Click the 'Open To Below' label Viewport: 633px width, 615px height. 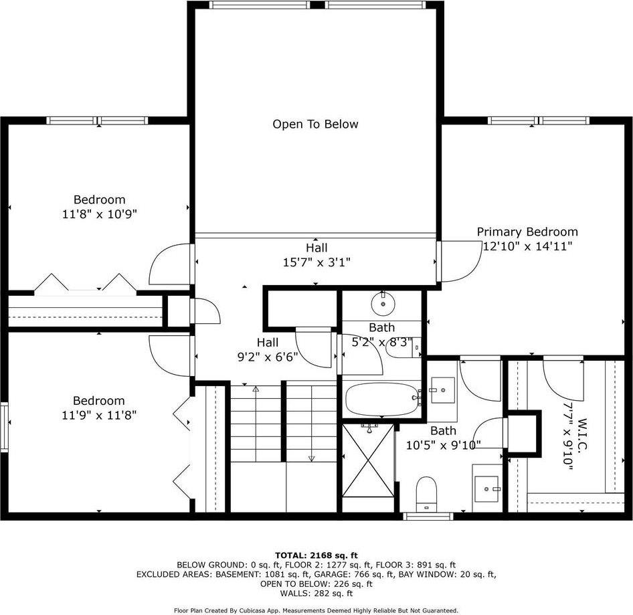[315, 124]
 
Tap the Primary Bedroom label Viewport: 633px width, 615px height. [527, 232]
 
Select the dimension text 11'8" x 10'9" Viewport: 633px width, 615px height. [99, 214]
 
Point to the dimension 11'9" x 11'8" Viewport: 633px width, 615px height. [99, 415]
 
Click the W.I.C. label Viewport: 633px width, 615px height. [581, 434]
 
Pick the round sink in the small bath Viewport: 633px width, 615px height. [383, 304]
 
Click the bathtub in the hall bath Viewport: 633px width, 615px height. [382, 400]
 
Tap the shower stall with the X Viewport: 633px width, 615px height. [368, 460]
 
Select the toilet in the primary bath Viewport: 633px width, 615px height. [426, 494]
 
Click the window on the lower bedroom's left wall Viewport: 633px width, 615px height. [5, 426]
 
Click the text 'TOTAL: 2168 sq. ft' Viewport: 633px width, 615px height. [316, 555]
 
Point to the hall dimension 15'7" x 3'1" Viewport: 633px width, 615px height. [316, 262]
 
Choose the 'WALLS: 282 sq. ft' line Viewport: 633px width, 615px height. [316, 593]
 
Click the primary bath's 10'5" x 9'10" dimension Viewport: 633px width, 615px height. [443, 446]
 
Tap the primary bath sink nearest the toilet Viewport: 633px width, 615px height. [486, 489]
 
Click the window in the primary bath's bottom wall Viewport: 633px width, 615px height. [428, 516]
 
